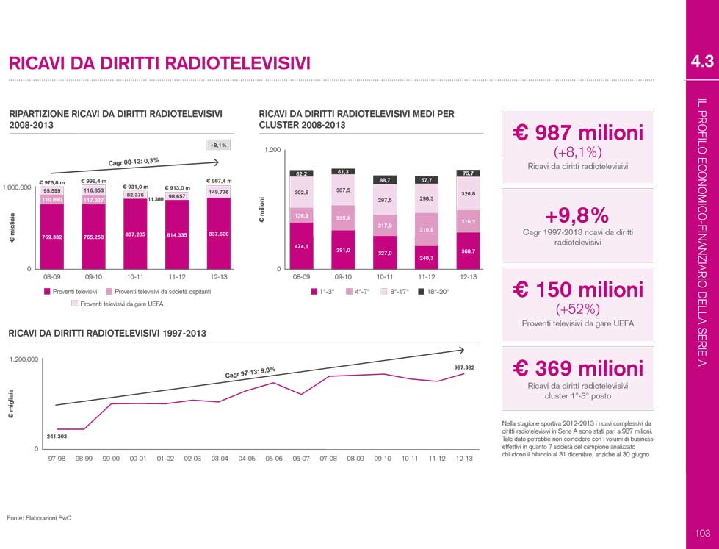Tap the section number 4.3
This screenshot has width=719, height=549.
(702, 62)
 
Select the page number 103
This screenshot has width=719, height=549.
(702, 533)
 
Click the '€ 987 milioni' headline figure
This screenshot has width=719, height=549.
(577, 133)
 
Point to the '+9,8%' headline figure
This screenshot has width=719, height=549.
(577, 215)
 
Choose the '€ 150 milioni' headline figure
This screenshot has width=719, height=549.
(577, 290)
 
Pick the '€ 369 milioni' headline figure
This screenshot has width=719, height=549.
(577, 367)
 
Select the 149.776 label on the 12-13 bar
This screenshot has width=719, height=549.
(219, 192)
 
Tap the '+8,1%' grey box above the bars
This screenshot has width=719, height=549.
(218, 145)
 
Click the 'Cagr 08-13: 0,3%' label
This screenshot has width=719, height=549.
(134, 161)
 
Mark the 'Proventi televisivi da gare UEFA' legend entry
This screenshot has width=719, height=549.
(118, 303)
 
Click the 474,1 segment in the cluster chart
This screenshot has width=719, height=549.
(300, 246)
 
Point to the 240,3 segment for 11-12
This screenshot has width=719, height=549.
(426, 258)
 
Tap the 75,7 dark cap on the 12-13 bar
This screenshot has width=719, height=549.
(468, 173)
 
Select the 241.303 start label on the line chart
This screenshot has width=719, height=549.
(57, 437)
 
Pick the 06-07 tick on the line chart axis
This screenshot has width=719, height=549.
(301, 458)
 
